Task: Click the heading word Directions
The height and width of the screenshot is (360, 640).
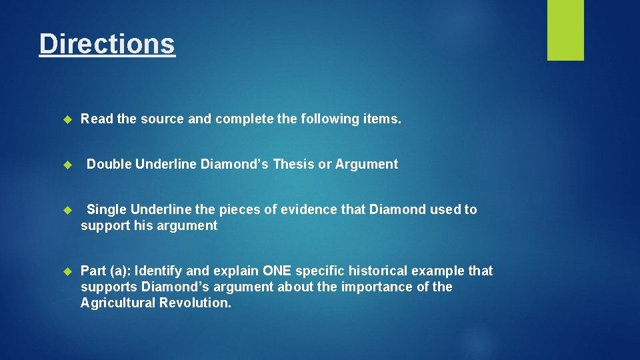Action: [107, 44]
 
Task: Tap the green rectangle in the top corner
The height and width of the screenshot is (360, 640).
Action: [565, 30]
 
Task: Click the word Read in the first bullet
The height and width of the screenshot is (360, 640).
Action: [97, 119]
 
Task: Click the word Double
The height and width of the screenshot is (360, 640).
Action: [109, 164]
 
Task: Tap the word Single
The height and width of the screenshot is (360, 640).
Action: [107, 209]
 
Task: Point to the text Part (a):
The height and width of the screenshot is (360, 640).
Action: [107, 271]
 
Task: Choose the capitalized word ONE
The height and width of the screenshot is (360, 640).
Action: [277, 271]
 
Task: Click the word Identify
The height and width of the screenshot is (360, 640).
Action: [161, 271]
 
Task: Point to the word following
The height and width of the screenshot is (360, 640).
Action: [329, 119]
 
